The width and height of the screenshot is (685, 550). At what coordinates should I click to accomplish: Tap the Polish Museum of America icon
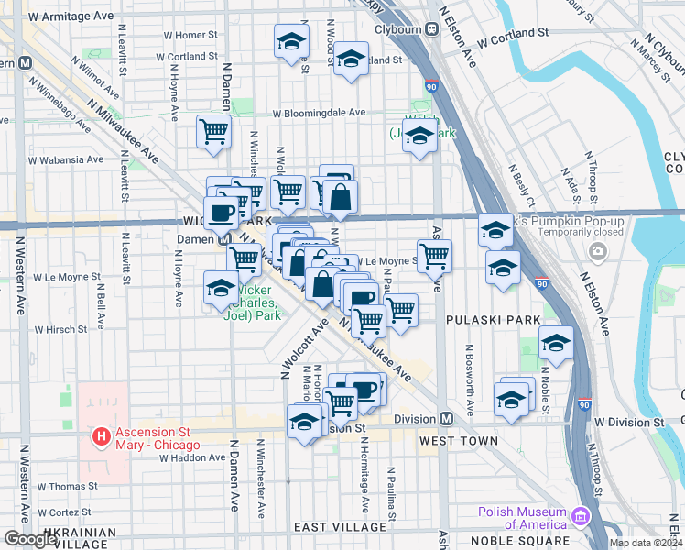(579, 518)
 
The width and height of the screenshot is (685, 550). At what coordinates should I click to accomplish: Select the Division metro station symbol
(447, 419)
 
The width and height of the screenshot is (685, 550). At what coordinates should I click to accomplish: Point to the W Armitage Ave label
(71, 16)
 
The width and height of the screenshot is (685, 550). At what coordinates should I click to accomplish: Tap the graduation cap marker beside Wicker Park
(221, 288)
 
